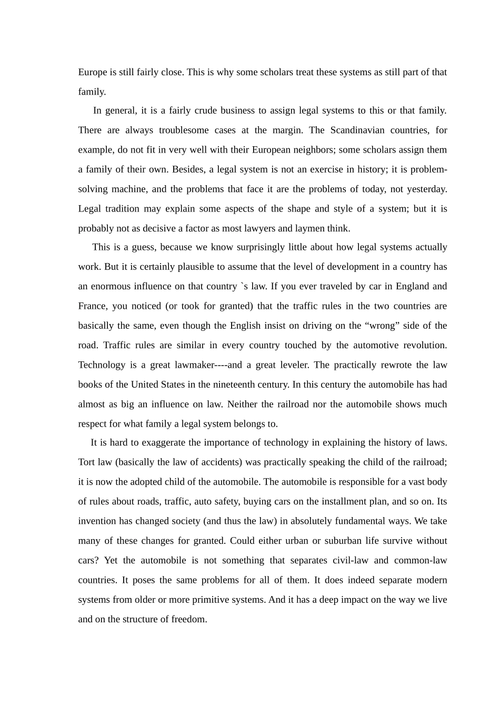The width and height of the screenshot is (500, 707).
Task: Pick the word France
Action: (x=93, y=306)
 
